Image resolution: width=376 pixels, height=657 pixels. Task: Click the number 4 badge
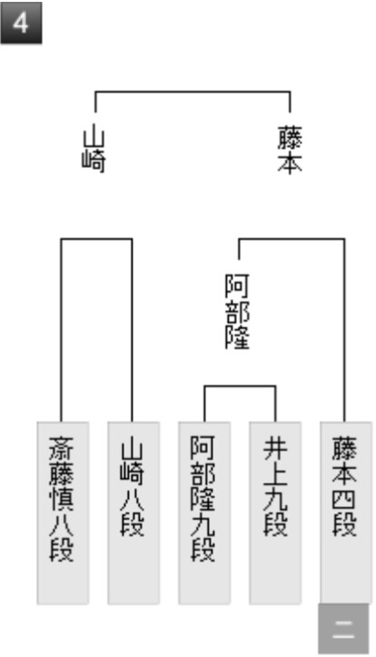point(21,23)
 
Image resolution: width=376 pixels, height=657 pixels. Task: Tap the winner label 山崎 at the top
point(94,150)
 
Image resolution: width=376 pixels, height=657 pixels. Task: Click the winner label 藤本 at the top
point(290,150)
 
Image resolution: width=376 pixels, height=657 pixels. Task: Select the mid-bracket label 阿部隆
point(237,312)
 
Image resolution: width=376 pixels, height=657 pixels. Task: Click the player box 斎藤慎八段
point(63,513)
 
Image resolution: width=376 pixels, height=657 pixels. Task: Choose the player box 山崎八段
point(134,513)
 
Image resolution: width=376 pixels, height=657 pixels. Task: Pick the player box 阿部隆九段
point(204,513)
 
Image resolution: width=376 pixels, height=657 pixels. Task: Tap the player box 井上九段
point(275,513)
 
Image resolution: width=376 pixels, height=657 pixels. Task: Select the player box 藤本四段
point(346,513)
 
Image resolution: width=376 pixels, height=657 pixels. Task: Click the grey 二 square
point(343,630)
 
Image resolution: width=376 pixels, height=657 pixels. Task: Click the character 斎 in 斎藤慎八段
point(62,449)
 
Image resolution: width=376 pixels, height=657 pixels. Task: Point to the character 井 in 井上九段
point(275,449)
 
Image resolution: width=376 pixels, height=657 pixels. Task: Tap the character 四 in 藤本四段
point(344,499)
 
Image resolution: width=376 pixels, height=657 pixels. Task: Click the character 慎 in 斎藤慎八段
point(62,499)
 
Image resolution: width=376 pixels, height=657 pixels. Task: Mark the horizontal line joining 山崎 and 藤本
point(193,92)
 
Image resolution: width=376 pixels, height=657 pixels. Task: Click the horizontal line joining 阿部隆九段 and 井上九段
point(240,386)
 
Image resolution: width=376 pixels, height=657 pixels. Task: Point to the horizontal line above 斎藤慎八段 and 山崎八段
point(96,239)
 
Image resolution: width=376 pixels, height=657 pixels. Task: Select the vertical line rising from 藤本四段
point(344,331)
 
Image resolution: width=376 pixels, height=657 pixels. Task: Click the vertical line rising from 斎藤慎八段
point(62,331)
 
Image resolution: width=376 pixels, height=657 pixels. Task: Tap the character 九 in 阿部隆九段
point(203,523)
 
